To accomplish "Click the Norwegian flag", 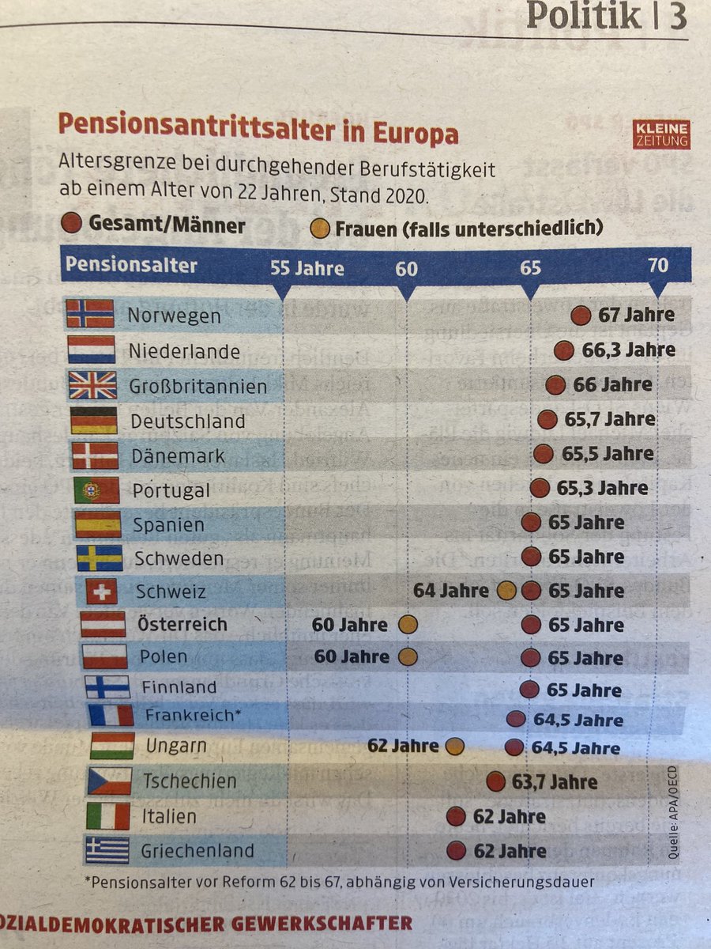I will pyautogui.click(x=90, y=314).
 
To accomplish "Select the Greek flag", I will pyautogui.click(x=107, y=850).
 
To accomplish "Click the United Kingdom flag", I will pyautogui.click(x=92, y=385).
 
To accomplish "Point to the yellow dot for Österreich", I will pyautogui.click(x=407, y=625).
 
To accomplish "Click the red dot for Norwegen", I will pyautogui.click(x=581, y=316).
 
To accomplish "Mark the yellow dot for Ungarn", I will pyautogui.click(x=453, y=746).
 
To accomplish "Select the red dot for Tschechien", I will pyautogui.click(x=495, y=782).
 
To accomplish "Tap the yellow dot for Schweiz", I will pyautogui.click(x=506, y=591).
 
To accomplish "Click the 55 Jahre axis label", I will pyautogui.click(x=307, y=268).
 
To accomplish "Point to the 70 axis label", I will pyautogui.click(x=658, y=265).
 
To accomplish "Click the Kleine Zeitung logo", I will pyautogui.click(x=662, y=134).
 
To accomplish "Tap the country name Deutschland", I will pyautogui.click(x=187, y=421).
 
